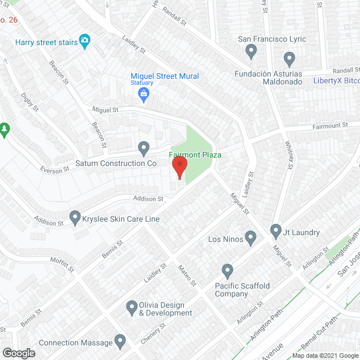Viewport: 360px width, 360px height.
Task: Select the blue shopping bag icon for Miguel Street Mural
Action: pos(144,93)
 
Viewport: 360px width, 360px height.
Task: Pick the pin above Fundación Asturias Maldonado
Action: pos(289,58)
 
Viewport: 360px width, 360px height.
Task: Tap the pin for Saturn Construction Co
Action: pos(144,148)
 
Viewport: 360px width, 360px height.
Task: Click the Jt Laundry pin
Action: pos(276,231)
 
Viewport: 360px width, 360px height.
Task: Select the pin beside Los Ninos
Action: pos(251,239)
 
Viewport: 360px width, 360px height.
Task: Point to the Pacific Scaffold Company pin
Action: pos(227,271)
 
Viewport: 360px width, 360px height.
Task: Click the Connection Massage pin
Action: pos(119,341)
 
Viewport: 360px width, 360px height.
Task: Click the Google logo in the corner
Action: pos(18,353)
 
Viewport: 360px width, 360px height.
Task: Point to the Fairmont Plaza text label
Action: pos(195,155)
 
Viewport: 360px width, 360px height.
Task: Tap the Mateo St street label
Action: pos(186,276)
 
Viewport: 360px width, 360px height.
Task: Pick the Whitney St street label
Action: pos(290,154)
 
